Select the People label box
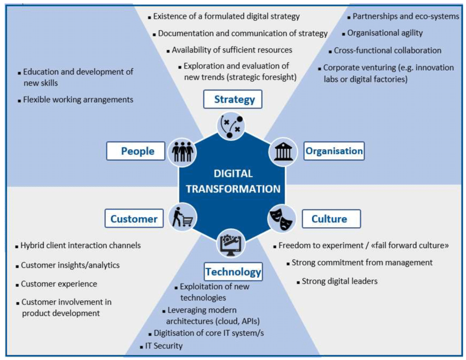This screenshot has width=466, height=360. [135, 150]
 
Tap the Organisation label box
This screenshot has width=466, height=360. [334, 150]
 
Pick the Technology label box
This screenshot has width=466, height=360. [233, 271]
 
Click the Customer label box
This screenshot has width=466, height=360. [134, 218]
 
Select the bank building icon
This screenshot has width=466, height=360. [283, 151]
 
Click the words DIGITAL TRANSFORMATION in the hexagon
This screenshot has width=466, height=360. [233, 181]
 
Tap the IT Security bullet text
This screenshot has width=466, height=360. [163, 346]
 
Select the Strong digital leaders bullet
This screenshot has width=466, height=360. [339, 282]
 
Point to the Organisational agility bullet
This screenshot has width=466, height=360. [385, 33]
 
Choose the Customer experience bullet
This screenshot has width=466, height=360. [59, 284]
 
